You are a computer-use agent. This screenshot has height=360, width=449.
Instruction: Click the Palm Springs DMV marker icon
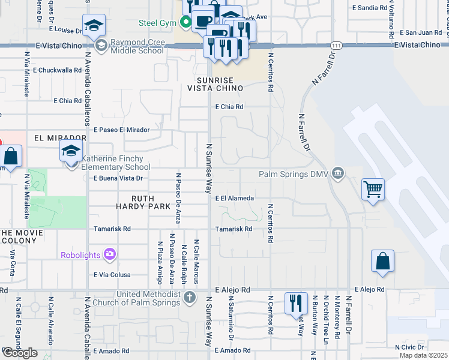[338, 174]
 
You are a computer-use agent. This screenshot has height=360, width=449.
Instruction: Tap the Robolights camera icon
[109, 254]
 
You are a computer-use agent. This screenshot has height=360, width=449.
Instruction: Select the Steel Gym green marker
[185, 23]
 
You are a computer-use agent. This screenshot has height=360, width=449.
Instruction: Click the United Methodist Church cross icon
[189, 298]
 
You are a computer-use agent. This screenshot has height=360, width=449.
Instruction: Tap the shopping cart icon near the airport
[373, 189]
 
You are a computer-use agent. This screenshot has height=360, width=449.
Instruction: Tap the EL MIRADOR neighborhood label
[61, 137]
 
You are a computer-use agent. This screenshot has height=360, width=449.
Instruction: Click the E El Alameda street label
[235, 198]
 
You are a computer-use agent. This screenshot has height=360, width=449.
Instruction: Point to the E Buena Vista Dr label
[118, 178]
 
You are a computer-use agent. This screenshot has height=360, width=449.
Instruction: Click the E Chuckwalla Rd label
[53, 70]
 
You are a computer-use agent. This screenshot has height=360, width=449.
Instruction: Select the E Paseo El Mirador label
[122, 129]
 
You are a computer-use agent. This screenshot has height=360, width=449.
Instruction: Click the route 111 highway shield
[337, 46]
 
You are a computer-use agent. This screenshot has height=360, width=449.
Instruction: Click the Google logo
[20, 352]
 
